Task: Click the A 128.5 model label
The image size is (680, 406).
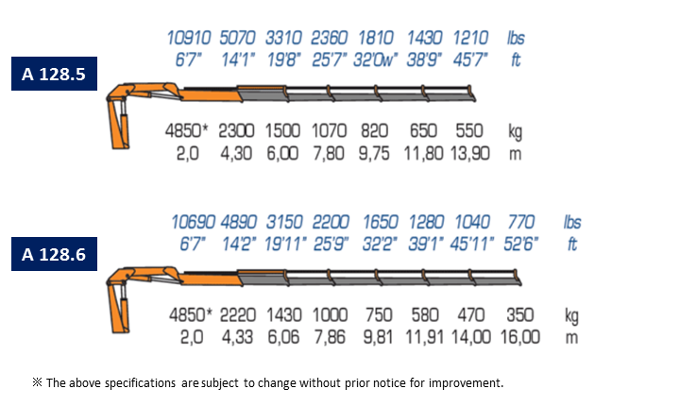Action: point(54,74)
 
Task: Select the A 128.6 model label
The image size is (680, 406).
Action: point(54,254)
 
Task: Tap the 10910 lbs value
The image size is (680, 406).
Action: point(189,38)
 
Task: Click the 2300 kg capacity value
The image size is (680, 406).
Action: point(236,130)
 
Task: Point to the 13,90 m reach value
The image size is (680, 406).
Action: point(469,154)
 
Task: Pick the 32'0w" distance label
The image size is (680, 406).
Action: point(375,59)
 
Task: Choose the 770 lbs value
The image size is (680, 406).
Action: point(520,222)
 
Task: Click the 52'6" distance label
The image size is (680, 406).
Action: point(520,245)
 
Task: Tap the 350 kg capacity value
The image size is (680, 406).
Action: point(519,315)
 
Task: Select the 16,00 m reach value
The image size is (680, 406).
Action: point(520,337)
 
